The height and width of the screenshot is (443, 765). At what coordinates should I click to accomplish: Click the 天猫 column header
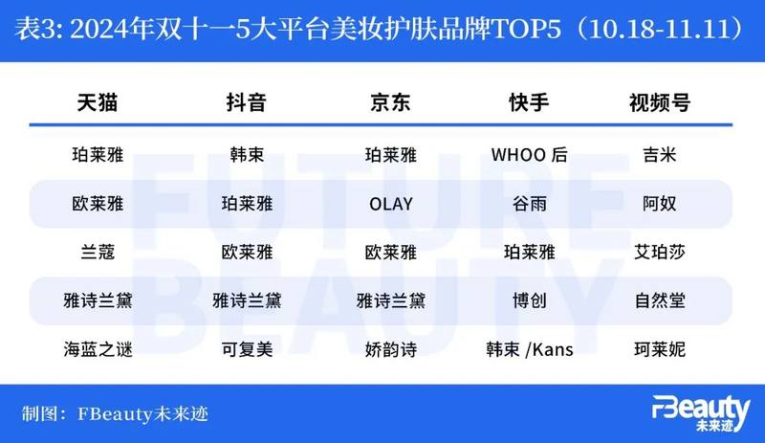[98, 102]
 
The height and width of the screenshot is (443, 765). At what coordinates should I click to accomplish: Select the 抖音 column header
[247, 102]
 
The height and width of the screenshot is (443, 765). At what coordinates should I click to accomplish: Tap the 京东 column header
[390, 102]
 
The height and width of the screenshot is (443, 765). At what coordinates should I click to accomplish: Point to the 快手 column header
[530, 102]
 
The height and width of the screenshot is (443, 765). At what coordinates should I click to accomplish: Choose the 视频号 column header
[660, 102]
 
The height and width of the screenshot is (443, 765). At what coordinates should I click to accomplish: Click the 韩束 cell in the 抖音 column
[247, 155]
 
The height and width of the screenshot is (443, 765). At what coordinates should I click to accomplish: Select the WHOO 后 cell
[530, 155]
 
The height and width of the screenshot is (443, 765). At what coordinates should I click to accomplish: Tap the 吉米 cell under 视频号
[660, 155]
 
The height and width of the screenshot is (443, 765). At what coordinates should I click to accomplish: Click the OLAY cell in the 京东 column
[391, 204]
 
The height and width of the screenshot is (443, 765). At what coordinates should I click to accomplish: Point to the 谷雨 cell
[530, 204]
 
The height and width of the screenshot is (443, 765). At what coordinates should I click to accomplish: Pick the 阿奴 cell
[660, 204]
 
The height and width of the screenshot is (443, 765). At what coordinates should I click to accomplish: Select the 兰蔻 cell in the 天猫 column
[98, 252]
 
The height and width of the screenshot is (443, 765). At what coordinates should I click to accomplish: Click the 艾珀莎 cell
[660, 252]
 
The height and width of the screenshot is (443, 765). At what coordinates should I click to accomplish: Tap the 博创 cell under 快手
[530, 300]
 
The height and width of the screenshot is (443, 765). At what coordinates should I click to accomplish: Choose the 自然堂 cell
[660, 300]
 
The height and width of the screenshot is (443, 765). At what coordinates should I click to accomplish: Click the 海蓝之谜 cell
[98, 349]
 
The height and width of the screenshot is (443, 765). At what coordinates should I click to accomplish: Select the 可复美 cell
[247, 349]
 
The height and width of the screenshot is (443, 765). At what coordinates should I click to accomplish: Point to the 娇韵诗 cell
[391, 349]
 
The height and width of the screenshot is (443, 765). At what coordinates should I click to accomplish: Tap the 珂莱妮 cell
[660, 349]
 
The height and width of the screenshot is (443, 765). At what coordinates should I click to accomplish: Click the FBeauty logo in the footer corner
[701, 413]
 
